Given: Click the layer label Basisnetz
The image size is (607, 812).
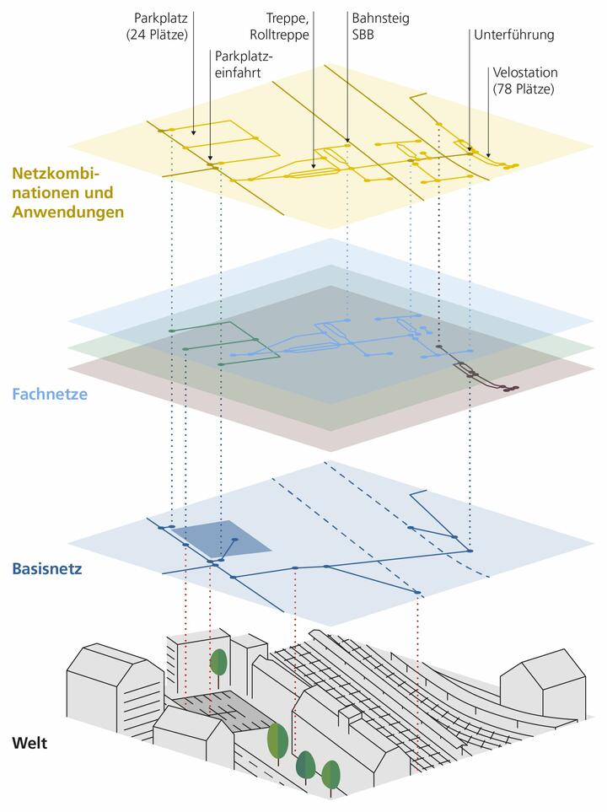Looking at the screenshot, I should (x=47, y=568).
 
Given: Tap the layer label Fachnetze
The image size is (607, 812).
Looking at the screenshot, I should (x=50, y=393).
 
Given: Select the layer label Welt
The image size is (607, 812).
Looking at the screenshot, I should (x=30, y=744).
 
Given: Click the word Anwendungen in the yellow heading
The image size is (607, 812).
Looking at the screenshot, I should (x=68, y=212).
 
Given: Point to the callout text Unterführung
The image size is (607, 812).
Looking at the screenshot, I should (x=513, y=35).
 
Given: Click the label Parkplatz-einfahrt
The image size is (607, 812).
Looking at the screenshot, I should (x=244, y=64).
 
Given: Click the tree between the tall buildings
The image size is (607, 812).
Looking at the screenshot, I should (x=218, y=662).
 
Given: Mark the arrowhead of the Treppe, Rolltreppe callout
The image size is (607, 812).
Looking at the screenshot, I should (x=314, y=168).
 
